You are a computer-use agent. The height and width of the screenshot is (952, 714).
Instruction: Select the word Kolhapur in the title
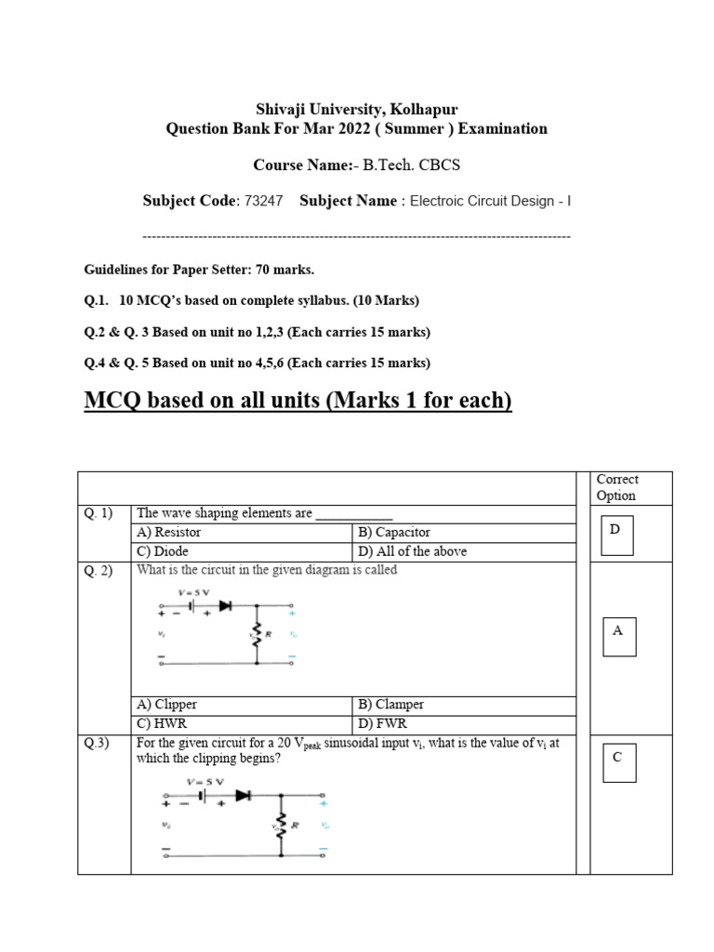(420, 109)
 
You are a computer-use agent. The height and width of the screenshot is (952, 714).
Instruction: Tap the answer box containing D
(617, 535)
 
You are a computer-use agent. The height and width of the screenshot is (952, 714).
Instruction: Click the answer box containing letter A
(619, 636)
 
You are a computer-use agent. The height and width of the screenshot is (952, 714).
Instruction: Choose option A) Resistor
(169, 533)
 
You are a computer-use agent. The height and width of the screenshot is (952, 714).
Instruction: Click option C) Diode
(164, 550)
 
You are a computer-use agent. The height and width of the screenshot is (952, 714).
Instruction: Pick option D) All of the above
(413, 550)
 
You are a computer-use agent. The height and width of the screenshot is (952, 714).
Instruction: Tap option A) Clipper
(167, 705)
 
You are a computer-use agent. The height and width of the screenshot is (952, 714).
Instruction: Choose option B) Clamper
(391, 705)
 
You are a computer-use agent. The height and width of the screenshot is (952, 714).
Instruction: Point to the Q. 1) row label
(97, 513)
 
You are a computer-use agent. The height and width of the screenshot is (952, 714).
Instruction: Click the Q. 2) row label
(97, 570)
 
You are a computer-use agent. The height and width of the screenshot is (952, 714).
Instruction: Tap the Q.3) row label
(96, 742)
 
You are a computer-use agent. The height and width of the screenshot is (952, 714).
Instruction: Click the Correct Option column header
(617, 487)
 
